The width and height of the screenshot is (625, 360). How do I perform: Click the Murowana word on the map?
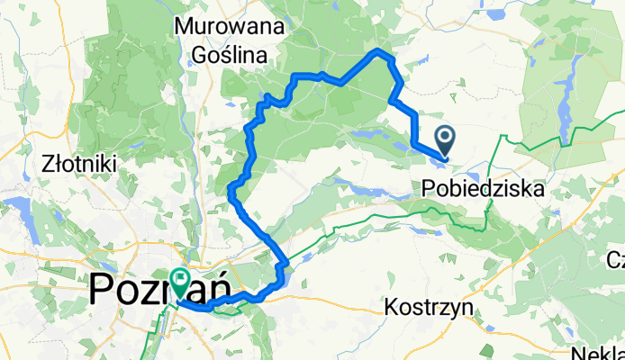pyautogui.click(x=222, y=27)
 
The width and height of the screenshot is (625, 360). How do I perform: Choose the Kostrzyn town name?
pyautogui.click(x=429, y=307)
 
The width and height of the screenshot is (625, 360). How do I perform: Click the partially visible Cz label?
pyautogui.click(x=615, y=261)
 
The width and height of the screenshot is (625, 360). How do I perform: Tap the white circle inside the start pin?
pyautogui.click(x=446, y=138)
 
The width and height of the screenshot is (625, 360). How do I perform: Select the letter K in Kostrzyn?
pyautogui.click(x=390, y=307)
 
